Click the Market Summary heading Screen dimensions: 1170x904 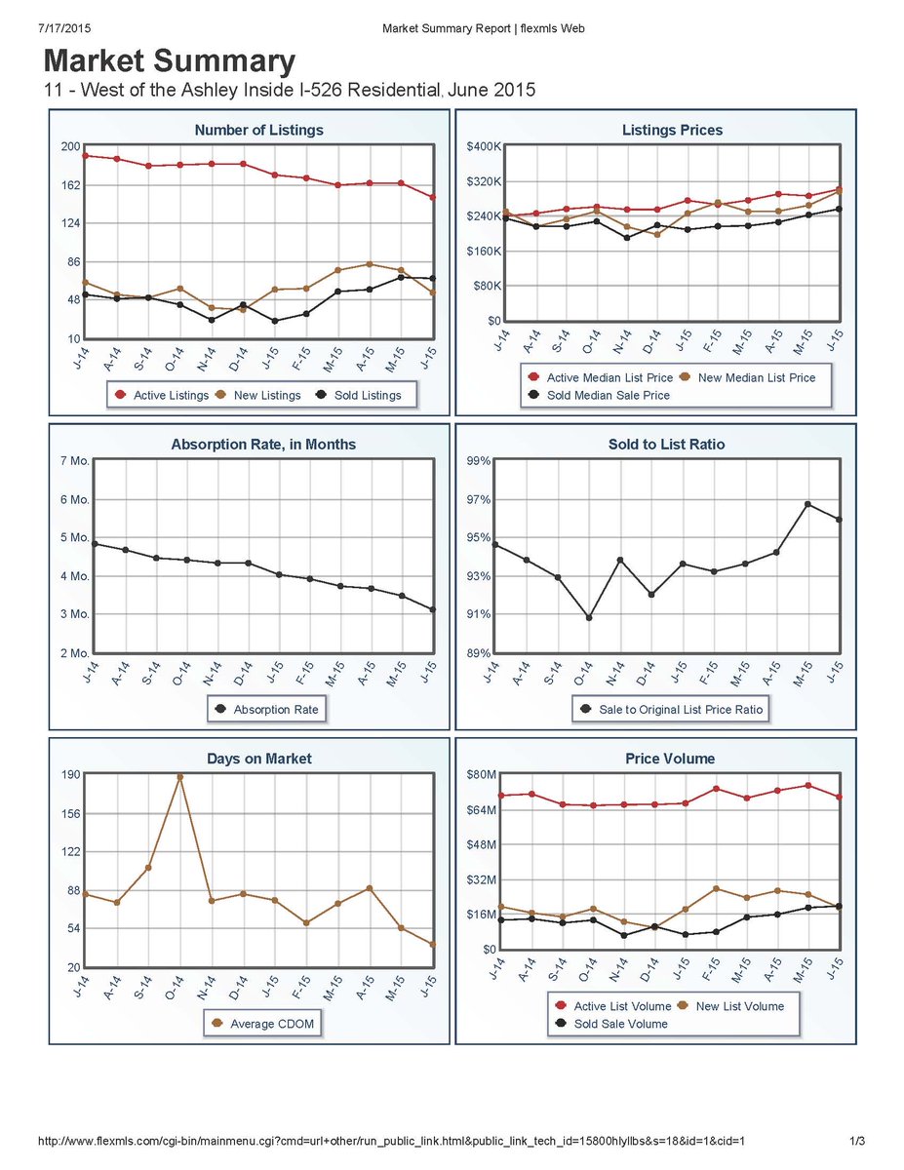coord(170,62)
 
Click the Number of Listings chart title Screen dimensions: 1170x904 coord(258,130)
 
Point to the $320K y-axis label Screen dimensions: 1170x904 coord(484,181)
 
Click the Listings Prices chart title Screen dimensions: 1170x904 coord(672,130)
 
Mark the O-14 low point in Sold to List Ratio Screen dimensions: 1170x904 coord(588,617)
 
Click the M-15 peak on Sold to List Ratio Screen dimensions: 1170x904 coord(808,504)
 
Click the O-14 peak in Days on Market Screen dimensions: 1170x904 coord(179,777)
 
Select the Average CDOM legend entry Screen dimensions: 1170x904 coord(263,1024)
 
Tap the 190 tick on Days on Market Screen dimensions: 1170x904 coord(70,775)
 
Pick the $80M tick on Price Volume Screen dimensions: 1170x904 coord(484,775)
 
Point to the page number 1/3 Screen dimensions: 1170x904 coord(858,1140)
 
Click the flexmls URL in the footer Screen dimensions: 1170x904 coord(392,1140)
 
